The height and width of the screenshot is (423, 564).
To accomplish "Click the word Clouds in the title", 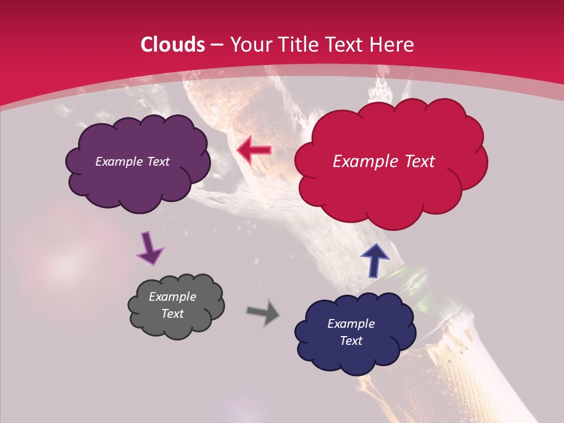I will [x=173, y=45].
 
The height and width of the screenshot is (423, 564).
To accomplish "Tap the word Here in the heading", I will [x=391, y=45].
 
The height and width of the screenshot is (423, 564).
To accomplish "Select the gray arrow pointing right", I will [x=263, y=312].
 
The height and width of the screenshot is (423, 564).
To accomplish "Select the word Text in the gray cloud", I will [x=173, y=314].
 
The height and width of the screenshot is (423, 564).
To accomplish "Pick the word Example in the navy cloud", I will [x=351, y=324].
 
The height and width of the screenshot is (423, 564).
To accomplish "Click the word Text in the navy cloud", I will [x=351, y=341].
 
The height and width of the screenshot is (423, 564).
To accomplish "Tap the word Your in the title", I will [x=250, y=45].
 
